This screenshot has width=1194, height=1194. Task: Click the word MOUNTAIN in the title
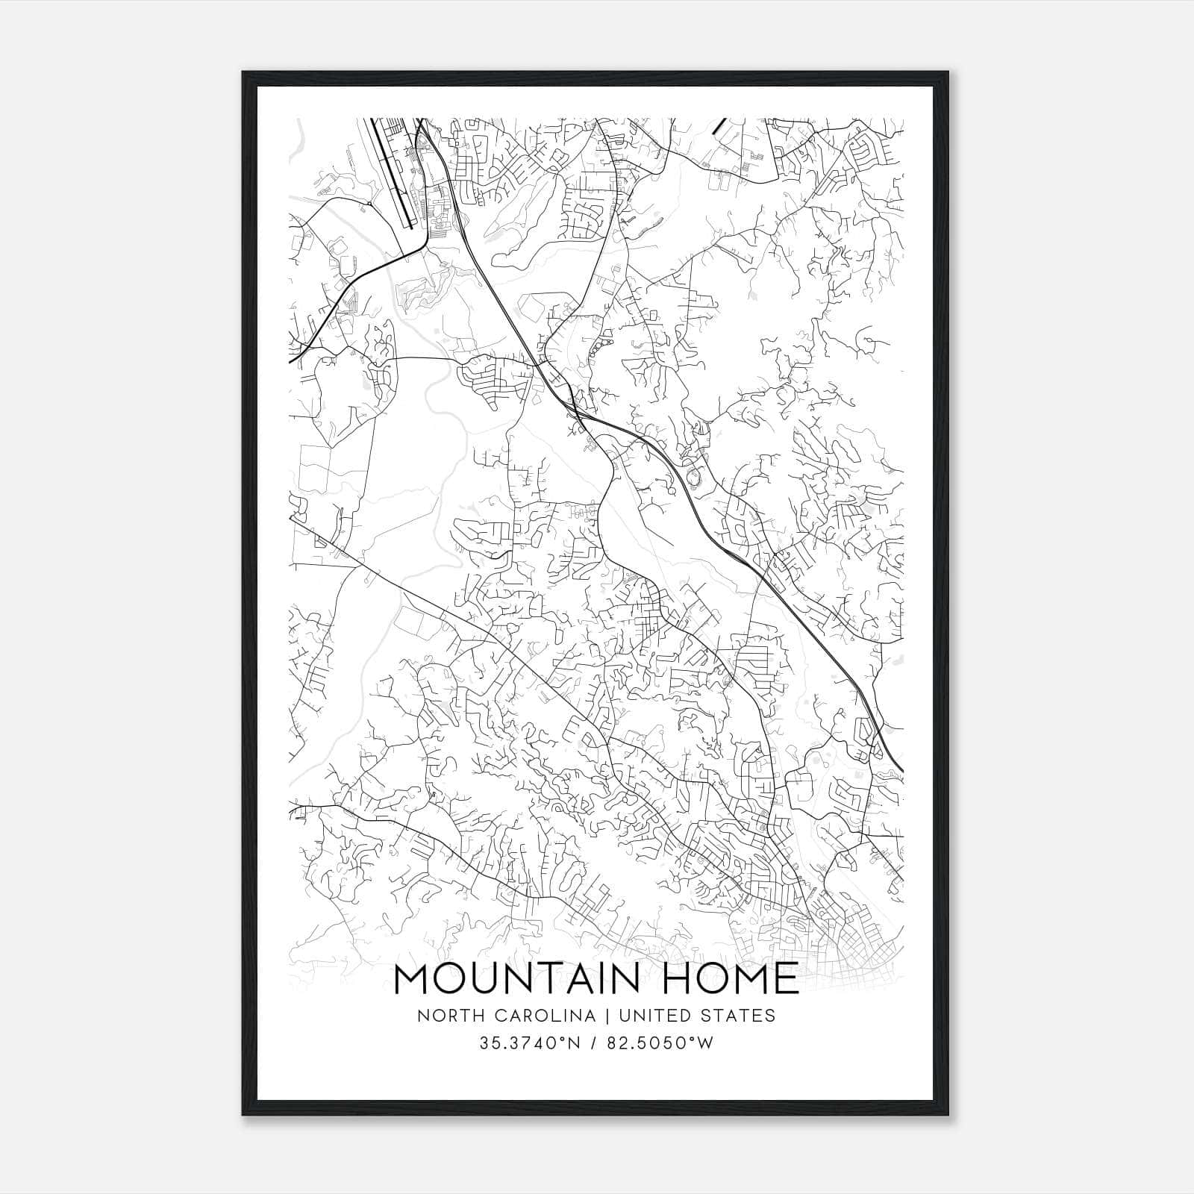click(x=516, y=979)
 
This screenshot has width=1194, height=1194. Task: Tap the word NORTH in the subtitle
click(x=441, y=1016)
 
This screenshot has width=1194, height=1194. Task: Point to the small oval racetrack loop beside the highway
click(x=696, y=474)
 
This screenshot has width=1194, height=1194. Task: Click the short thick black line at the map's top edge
click(x=719, y=126)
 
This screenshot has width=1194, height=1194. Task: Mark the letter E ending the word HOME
click(x=787, y=979)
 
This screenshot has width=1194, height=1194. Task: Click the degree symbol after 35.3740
click(x=561, y=1039)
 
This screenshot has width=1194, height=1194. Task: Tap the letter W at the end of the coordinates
click(x=706, y=1043)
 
